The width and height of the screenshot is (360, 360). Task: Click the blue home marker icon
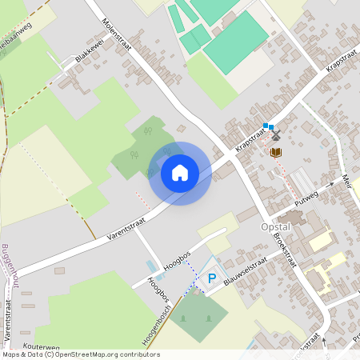pos(180,172)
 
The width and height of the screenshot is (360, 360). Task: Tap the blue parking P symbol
pos(212,278)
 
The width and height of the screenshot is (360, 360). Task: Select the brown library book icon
pos(276,152)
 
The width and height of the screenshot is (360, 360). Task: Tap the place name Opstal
pos(274,227)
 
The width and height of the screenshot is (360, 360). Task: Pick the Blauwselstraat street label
pos(245,272)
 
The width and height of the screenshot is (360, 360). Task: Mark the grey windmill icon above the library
pos(276,136)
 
